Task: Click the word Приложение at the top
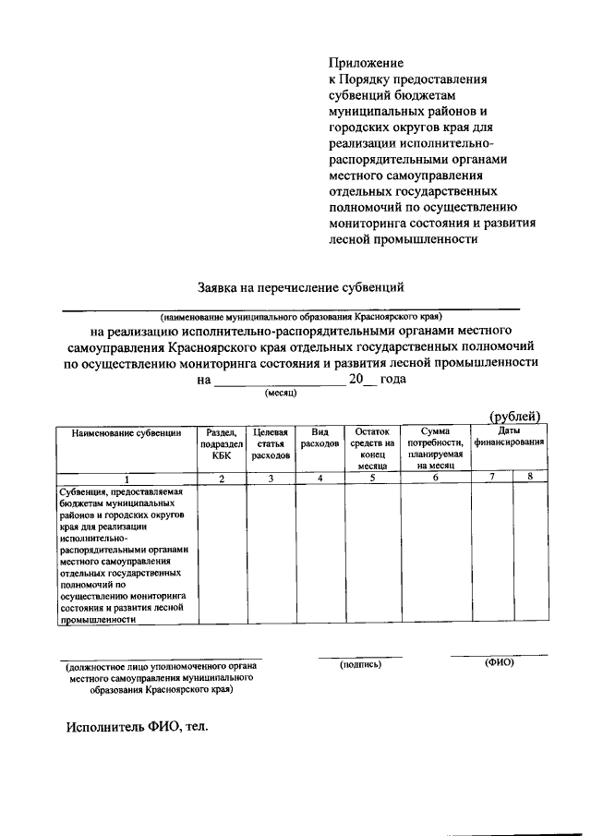click(367, 63)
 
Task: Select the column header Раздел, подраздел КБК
click(221, 443)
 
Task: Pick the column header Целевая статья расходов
click(271, 443)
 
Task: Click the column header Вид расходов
click(320, 438)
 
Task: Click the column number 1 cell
click(127, 478)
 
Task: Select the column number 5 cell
click(371, 478)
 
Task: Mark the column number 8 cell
click(530, 477)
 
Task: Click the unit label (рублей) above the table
click(514, 416)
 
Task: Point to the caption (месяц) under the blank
click(279, 394)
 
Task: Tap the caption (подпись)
click(359, 663)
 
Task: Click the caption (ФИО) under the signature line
click(499, 663)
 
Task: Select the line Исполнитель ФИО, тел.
click(138, 726)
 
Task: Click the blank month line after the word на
click(277, 380)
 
